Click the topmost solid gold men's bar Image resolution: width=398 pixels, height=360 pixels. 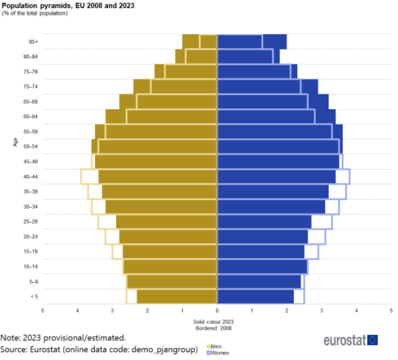pyautogui.click(x=199, y=41)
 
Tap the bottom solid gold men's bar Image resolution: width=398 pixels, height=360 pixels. pyautogui.click(x=176, y=297)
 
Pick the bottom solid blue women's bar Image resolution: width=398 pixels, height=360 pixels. pyautogui.click(x=256, y=297)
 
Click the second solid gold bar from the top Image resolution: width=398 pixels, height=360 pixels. pyautogui.click(x=196, y=56)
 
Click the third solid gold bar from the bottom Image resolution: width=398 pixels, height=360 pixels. pyautogui.click(x=170, y=266)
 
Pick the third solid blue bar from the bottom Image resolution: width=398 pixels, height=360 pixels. pyautogui.click(x=262, y=266)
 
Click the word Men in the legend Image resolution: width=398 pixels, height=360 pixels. pyautogui.click(x=216, y=347)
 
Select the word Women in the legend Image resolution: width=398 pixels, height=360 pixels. pyautogui.click(x=220, y=353)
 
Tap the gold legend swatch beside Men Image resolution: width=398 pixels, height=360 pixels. pyautogui.click(x=209, y=347)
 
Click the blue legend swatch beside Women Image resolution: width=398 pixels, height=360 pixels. pyautogui.click(x=209, y=353)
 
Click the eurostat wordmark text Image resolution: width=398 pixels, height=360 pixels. pyautogui.click(x=344, y=340)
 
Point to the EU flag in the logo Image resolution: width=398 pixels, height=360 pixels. pyautogui.click(x=372, y=340)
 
